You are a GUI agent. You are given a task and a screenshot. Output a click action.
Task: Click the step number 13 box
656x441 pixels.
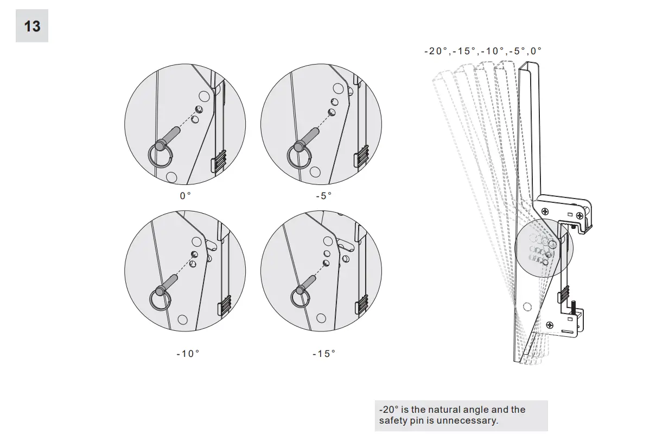click(x=32, y=25)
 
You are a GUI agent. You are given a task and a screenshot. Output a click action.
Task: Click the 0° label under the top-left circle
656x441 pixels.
click(x=186, y=196)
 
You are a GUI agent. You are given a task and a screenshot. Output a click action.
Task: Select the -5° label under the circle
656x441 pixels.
click(x=323, y=196)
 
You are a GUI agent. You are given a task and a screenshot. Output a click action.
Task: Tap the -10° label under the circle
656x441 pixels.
click(x=188, y=354)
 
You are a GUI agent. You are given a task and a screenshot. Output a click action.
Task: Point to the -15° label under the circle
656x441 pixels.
click(x=324, y=354)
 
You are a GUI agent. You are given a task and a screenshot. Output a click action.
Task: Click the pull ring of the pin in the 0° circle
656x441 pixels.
click(x=160, y=158)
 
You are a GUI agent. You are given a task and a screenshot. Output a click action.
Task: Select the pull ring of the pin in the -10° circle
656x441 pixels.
click(x=160, y=300)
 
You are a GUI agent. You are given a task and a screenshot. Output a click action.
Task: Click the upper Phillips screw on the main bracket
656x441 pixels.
click(x=545, y=210)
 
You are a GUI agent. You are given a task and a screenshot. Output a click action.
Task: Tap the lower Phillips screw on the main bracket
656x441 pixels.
click(x=550, y=325)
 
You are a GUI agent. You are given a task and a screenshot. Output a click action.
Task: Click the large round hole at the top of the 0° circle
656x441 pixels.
click(x=204, y=97)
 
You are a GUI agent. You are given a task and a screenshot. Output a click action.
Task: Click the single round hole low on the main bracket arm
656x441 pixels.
click(x=527, y=307)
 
